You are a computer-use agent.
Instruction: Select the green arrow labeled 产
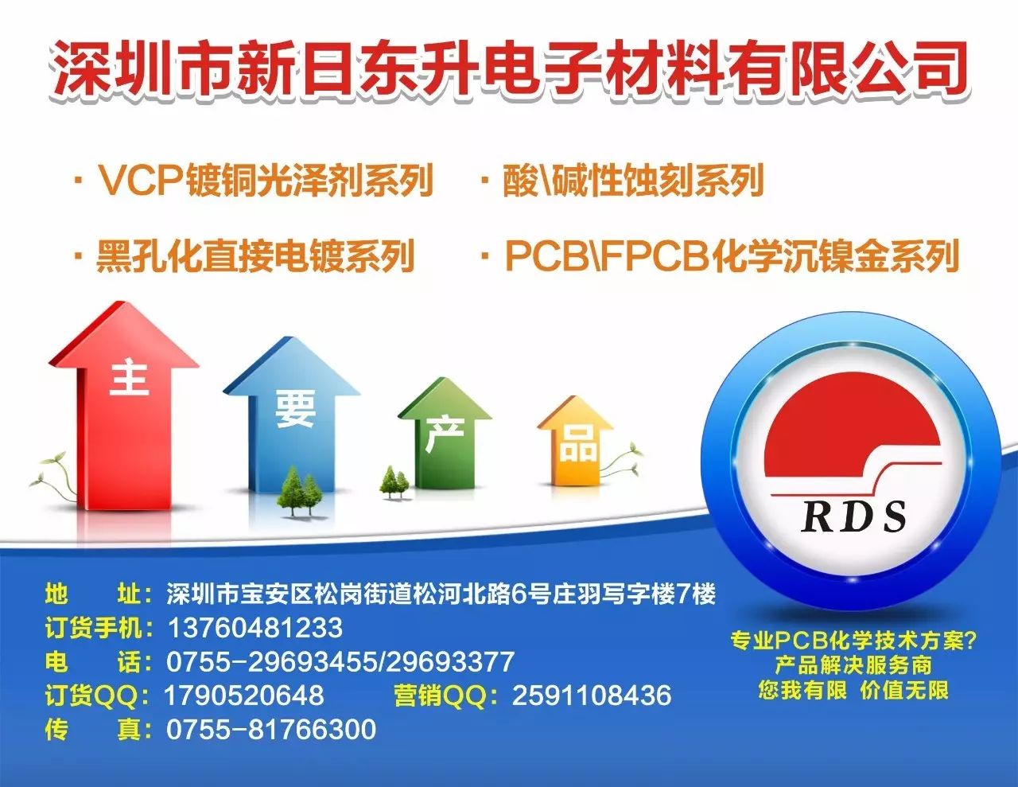[445, 436]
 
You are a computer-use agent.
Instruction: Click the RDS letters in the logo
[853, 516]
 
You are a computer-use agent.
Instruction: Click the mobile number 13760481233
[255, 628]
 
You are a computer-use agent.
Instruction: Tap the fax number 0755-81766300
[271, 730]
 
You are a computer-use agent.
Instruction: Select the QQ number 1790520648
[244, 695]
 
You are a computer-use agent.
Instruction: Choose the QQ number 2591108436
[592, 695]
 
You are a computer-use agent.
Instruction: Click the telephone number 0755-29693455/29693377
[340, 662]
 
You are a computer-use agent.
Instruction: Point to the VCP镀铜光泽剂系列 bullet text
[265, 180]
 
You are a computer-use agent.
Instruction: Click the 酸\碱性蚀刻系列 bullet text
[633, 180]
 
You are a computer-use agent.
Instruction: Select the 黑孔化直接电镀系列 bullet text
[256, 256]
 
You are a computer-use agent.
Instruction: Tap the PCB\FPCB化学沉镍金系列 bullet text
[732, 256]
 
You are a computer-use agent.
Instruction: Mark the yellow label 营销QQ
[441, 695]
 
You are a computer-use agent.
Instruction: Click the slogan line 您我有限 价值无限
[853, 691]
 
